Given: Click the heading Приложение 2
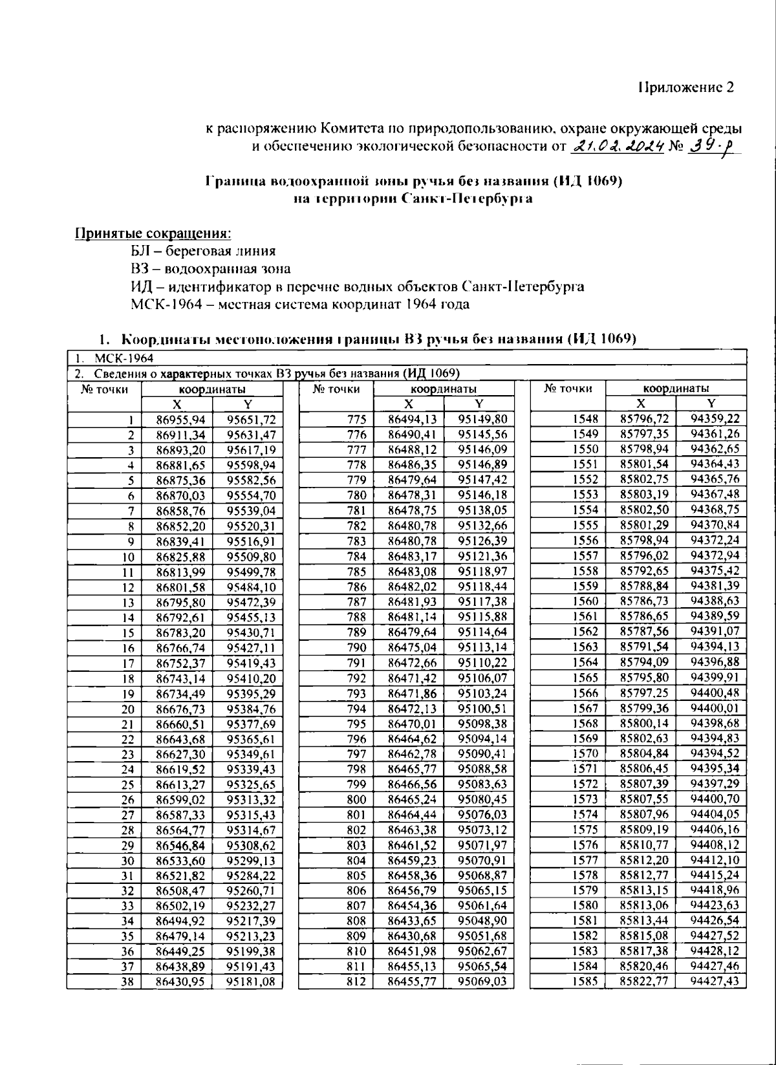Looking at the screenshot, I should [686, 88].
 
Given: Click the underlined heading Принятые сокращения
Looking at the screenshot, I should [153, 233].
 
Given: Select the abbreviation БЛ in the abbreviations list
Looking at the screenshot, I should [141, 251].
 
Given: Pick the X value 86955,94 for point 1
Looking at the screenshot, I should [180, 419].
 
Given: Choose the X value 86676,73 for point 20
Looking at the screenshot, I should [180, 708].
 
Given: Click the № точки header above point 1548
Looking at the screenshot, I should [568, 389].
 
